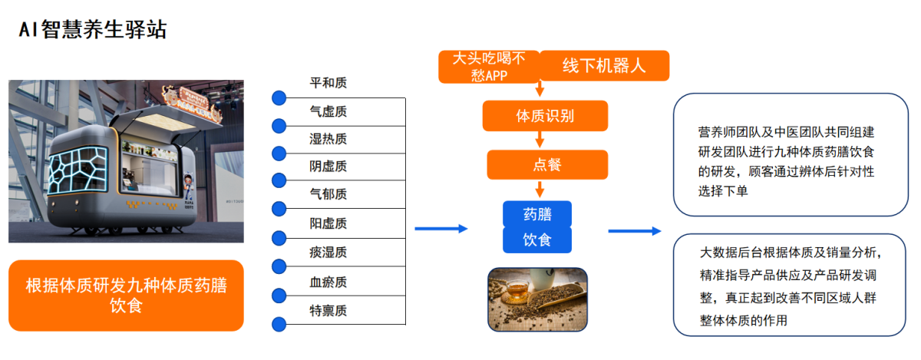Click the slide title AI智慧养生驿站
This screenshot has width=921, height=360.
pyautogui.click(x=93, y=30)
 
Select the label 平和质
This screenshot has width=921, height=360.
pyautogui.click(x=328, y=83)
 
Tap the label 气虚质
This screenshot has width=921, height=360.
pyautogui.click(x=328, y=111)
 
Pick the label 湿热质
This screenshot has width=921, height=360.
pyautogui.click(x=328, y=139)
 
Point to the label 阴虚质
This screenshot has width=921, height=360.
pyautogui.click(x=328, y=167)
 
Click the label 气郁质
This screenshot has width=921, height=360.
pyautogui.click(x=328, y=195)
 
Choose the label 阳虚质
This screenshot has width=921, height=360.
pyautogui.click(x=328, y=223)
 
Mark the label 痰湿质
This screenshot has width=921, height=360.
pyautogui.click(x=328, y=252)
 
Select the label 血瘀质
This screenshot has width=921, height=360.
pyautogui.click(x=328, y=282)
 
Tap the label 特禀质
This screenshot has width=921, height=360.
pyautogui.click(x=328, y=311)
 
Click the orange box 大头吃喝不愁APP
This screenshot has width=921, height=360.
pyautogui.click(x=488, y=67)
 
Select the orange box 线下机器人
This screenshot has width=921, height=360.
pyautogui.click(x=604, y=66)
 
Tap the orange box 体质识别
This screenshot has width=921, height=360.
pyautogui.click(x=545, y=117)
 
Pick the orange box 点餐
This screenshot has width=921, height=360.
pyautogui.click(x=547, y=164)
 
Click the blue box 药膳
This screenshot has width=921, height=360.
pyautogui.click(x=537, y=213)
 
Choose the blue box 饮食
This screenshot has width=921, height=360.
pyautogui.click(x=537, y=239)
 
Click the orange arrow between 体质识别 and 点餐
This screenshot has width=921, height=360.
pyautogui.click(x=540, y=140)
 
